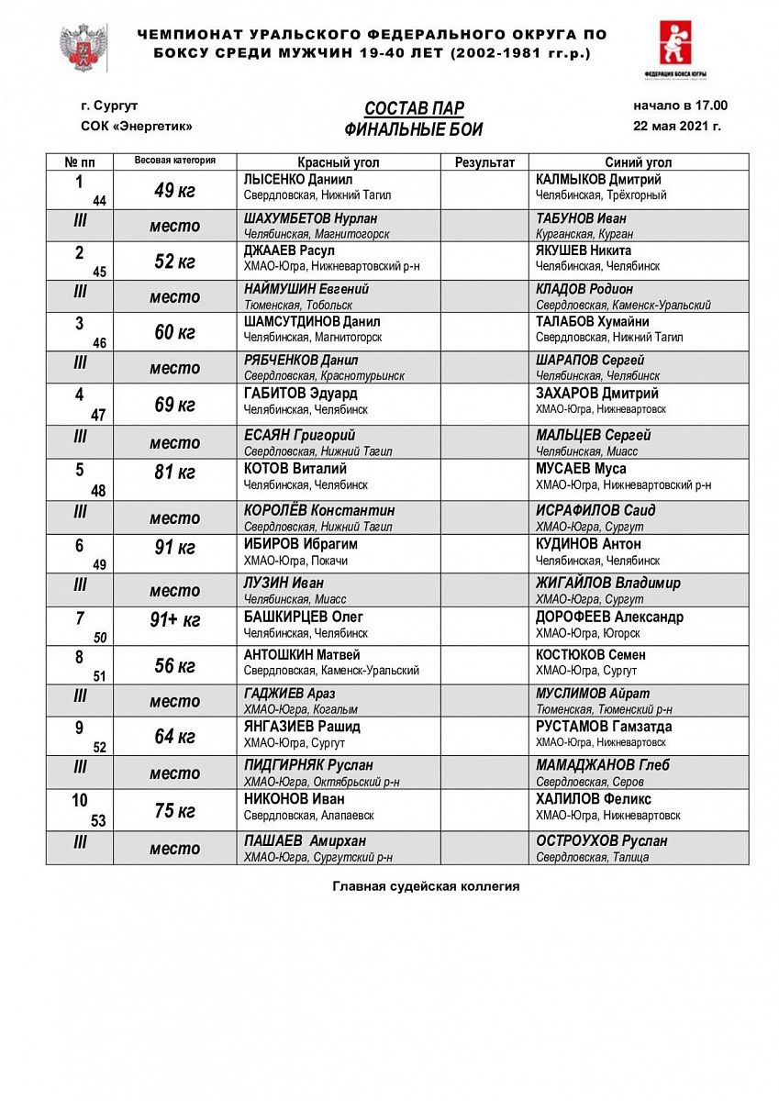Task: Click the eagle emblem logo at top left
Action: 83,48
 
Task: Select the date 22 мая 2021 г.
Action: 677,127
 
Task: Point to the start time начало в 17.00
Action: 680,106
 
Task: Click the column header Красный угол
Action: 339,162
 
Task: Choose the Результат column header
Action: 484,162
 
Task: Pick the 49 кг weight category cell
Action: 174,191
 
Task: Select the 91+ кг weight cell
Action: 174,621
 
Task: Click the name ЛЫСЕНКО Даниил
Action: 298,180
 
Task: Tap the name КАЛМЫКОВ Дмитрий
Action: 598,180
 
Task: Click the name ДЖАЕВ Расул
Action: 289,250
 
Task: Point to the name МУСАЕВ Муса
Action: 581,469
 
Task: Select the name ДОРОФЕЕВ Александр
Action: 609,617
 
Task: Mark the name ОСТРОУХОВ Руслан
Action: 601,840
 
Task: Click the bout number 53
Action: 98,821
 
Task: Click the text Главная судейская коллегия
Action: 426,886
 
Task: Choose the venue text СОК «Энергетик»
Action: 137,127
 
